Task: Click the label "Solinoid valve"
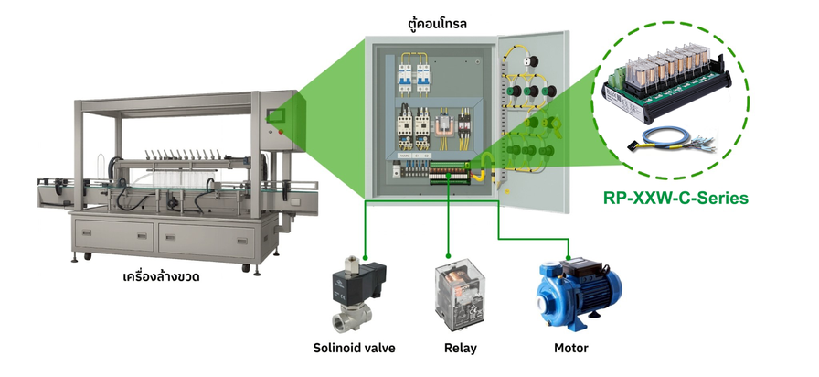(x=354, y=348)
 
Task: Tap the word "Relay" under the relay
(x=460, y=348)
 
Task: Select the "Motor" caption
(x=571, y=348)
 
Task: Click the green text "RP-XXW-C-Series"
(x=675, y=199)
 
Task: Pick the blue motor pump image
(x=579, y=295)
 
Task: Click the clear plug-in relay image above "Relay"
(x=460, y=294)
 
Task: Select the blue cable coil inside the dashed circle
(x=670, y=140)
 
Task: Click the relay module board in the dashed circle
(x=667, y=81)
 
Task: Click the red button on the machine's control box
(x=281, y=132)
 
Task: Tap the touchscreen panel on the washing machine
(x=273, y=115)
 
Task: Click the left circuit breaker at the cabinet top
(x=405, y=78)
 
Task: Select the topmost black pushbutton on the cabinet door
(x=533, y=61)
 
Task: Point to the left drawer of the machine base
(x=114, y=235)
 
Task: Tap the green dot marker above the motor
(x=569, y=257)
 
